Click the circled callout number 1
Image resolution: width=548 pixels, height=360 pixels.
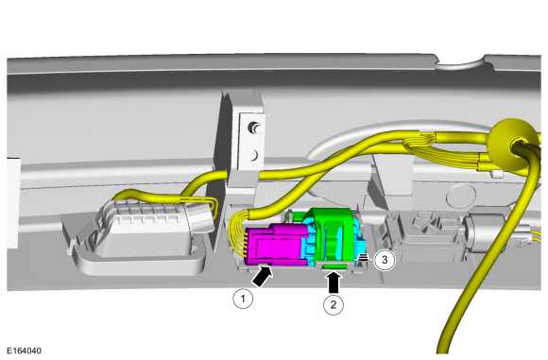click(x=243, y=299)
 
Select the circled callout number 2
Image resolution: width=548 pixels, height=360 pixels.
click(x=334, y=304)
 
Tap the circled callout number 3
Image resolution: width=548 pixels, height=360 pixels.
click(x=385, y=260)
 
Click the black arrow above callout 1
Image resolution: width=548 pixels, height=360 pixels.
click(x=262, y=276)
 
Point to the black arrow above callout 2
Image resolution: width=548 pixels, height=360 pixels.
click(x=334, y=283)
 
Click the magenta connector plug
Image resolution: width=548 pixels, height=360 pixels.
click(x=276, y=246)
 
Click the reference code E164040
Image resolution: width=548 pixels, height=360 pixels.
click(x=24, y=351)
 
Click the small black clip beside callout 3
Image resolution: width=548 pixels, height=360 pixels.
click(x=364, y=258)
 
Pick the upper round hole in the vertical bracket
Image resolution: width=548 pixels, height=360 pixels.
click(x=254, y=128)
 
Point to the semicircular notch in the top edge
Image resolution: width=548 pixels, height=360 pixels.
click(x=459, y=63)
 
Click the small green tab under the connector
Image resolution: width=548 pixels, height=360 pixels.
click(x=334, y=267)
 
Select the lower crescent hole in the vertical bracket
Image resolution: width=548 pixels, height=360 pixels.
click(x=255, y=155)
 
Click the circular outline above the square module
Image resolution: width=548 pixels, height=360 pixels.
click(x=461, y=197)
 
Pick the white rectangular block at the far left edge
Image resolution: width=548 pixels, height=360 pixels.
click(x=12, y=203)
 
